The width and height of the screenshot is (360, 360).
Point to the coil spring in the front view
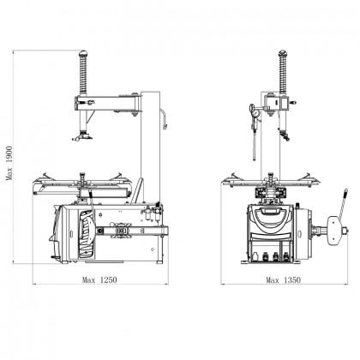point(280,73)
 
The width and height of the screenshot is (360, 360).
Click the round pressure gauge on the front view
point(255,109)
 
